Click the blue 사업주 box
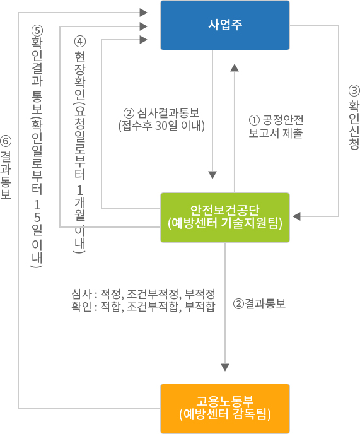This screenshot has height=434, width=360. click(225, 25)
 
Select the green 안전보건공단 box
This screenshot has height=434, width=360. click(225, 218)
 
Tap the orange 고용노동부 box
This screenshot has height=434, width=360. click(225, 409)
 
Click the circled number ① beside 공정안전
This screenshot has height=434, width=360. click(254, 120)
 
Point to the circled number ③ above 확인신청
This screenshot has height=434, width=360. click(354, 91)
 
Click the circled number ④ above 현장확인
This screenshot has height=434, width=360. click(80, 42)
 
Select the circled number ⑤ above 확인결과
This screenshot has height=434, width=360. click(37, 30)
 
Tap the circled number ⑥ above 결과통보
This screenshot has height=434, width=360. click(6, 141)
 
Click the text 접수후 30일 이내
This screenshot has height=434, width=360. click(161, 126)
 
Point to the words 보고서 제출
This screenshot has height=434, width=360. click(276, 133)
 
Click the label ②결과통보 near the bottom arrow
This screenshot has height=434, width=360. click(259, 303)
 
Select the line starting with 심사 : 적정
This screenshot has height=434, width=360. click(143, 294)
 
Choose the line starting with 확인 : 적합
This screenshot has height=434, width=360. click(143, 307)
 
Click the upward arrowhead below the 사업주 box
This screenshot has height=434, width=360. click(235, 68)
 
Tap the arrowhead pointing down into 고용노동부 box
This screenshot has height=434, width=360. click(225, 367)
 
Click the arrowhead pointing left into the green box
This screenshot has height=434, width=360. click(296, 216)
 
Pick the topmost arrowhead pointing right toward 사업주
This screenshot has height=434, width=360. click(143, 13)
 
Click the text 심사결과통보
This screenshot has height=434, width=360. click(168, 113)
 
